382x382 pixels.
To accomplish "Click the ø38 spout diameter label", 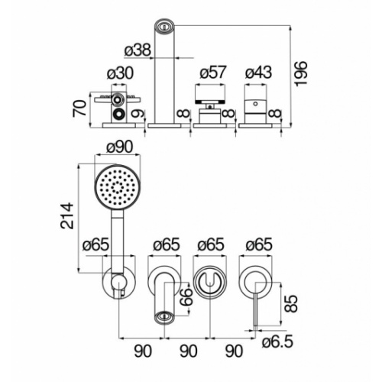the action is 138,50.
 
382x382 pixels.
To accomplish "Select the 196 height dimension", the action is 301,74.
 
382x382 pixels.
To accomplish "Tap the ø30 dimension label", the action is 120,73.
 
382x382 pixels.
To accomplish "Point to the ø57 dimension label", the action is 213,72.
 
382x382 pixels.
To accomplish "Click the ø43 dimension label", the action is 258,72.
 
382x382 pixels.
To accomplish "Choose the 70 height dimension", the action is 79,108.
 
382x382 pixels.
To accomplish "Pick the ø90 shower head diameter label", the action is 120,147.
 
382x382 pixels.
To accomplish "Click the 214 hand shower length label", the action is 67,215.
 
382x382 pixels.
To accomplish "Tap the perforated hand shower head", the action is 118,188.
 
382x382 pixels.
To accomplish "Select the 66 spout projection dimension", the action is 188,296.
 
